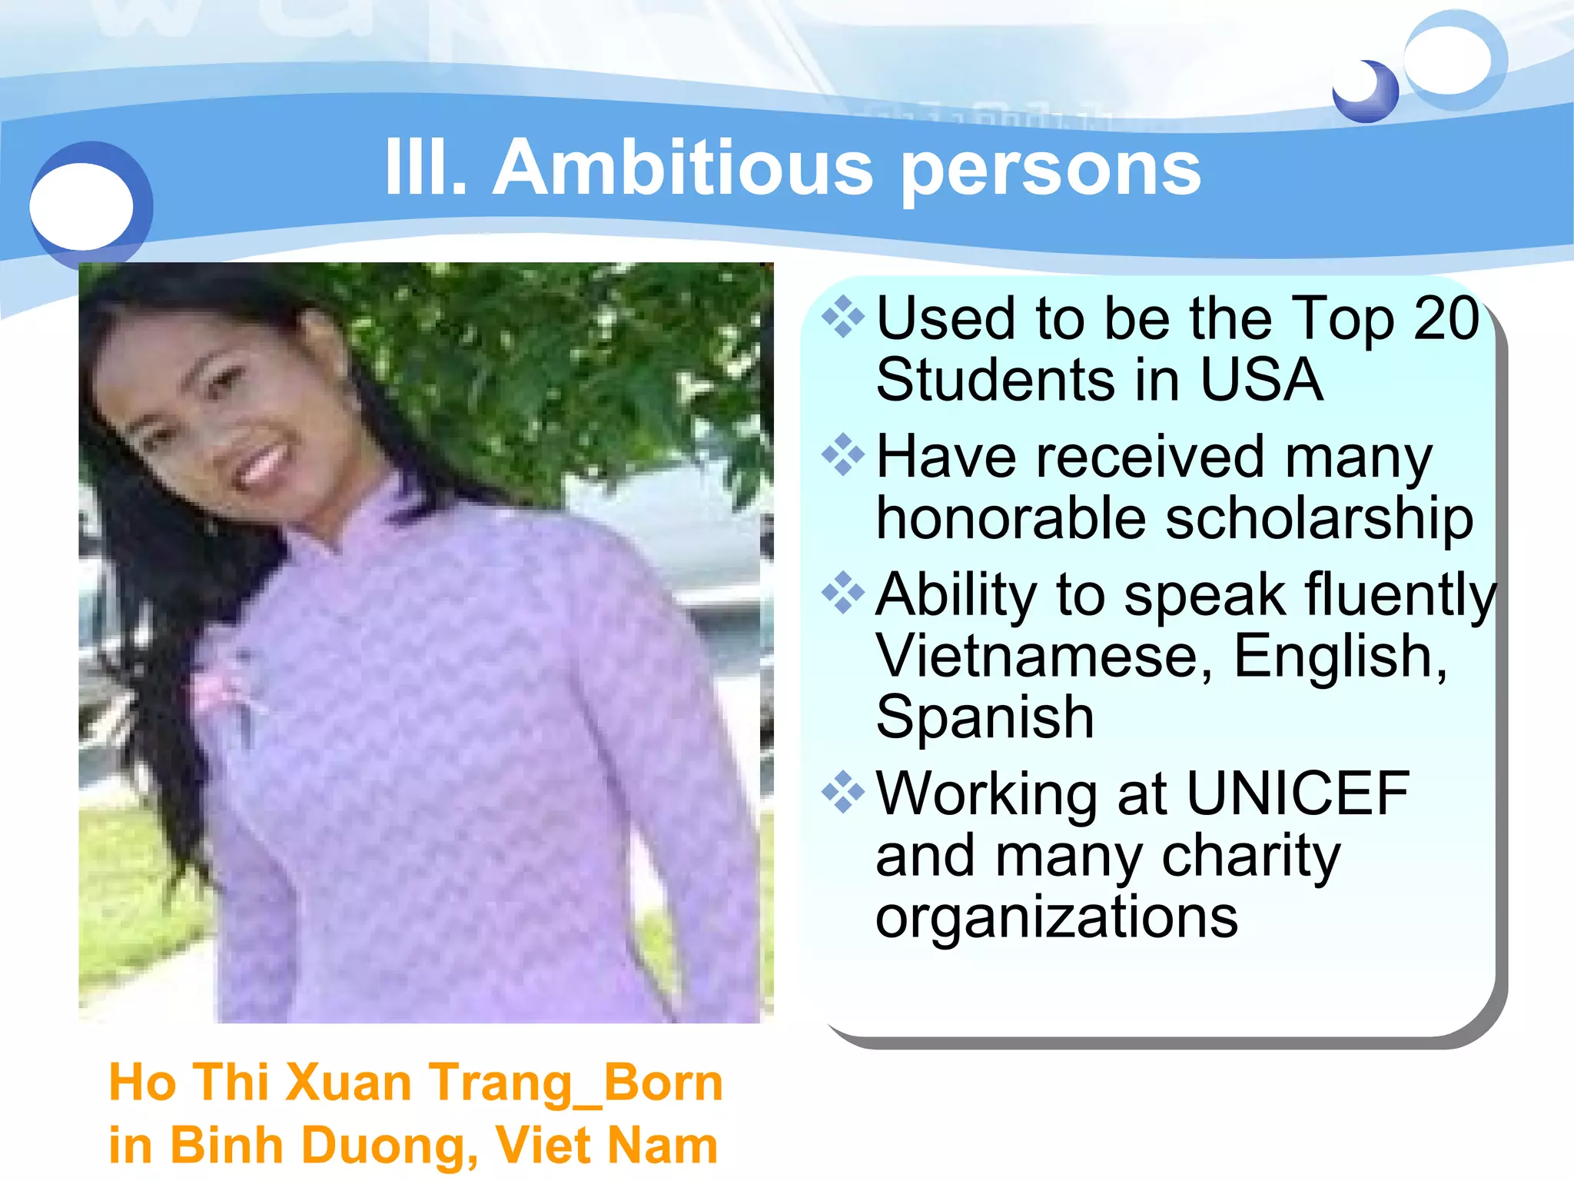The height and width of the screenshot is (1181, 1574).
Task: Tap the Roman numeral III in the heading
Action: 423,168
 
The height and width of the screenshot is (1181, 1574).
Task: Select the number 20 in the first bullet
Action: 1446,318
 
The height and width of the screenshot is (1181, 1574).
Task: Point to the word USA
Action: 1260,380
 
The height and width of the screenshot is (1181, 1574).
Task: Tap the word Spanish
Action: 985,718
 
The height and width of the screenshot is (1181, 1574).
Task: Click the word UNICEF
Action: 1298,793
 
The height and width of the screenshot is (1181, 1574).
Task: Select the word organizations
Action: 1057,918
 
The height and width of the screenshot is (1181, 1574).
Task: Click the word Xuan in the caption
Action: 349,1083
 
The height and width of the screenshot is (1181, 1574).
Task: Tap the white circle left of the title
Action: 81,206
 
